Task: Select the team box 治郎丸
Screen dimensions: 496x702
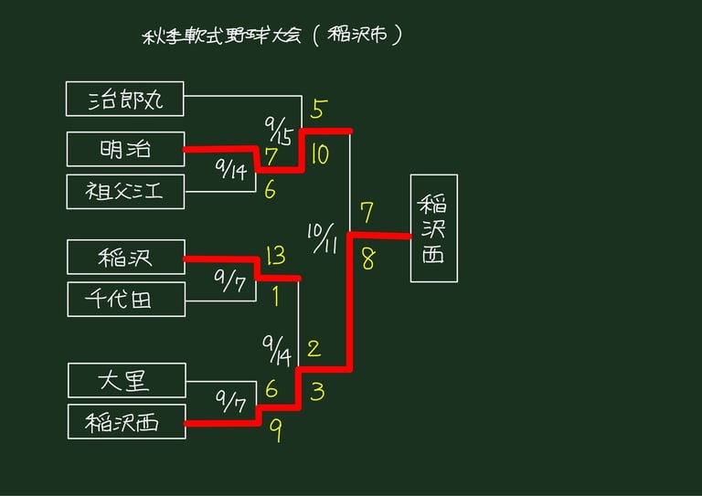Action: pyautogui.click(x=125, y=99)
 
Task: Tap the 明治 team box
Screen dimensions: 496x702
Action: pyautogui.click(x=125, y=149)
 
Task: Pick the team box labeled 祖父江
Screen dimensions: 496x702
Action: pyautogui.click(x=125, y=191)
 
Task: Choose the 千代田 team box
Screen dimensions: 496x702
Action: pyautogui.click(x=125, y=299)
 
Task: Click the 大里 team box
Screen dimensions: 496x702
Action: pyautogui.click(x=126, y=380)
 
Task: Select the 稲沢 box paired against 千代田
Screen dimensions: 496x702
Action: pyautogui.click(x=125, y=257)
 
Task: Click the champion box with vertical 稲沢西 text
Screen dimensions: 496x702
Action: pyautogui.click(x=433, y=227)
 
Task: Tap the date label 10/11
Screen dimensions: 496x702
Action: pyautogui.click(x=323, y=237)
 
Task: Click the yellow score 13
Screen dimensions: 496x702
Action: pyautogui.click(x=276, y=256)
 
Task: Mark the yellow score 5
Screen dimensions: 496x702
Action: pyautogui.click(x=318, y=110)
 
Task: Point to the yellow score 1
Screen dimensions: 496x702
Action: pyautogui.click(x=274, y=296)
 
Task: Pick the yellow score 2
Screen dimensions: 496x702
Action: pyautogui.click(x=314, y=348)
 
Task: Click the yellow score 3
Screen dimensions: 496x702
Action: pyautogui.click(x=316, y=393)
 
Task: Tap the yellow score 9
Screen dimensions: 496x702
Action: pyautogui.click(x=274, y=429)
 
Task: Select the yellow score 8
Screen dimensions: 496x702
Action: pyautogui.click(x=367, y=259)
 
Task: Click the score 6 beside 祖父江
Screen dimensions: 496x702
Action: pyautogui.click(x=270, y=190)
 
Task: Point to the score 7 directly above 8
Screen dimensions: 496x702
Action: pyautogui.click(x=367, y=213)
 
